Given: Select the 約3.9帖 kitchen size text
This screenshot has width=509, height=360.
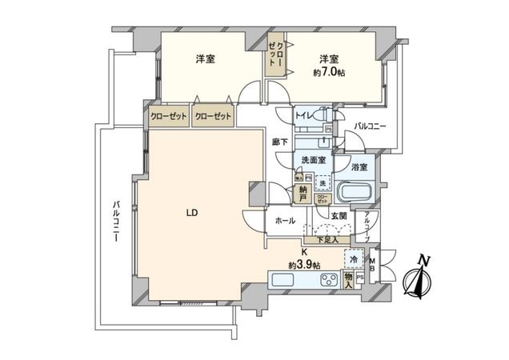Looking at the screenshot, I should click(x=305, y=264).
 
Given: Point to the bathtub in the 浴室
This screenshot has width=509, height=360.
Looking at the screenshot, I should click(x=354, y=194).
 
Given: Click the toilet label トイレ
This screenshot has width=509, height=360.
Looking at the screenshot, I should click(x=305, y=115).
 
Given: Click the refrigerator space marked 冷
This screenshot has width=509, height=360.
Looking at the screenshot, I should click(x=353, y=259).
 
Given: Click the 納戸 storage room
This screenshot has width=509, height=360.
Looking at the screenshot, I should click(x=303, y=193).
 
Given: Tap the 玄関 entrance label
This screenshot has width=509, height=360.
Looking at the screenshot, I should click(x=338, y=216).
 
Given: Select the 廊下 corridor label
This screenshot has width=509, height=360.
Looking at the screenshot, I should click(x=280, y=142).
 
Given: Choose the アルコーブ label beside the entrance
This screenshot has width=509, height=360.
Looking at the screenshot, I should click(x=366, y=226).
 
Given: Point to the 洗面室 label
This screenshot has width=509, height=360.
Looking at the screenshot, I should click(x=312, y=160).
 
